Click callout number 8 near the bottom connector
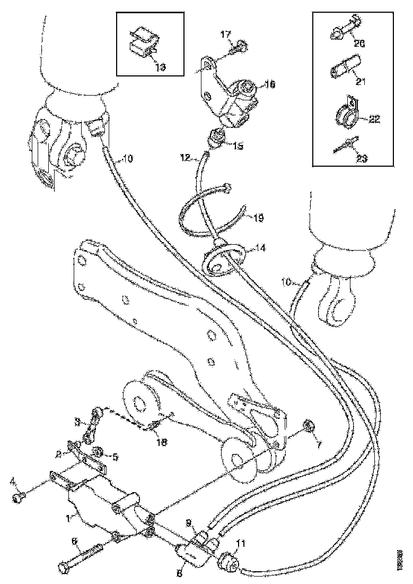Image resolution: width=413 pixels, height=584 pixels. [x=179, y=573]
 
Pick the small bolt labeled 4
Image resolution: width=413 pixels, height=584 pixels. [x=20, y=497]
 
